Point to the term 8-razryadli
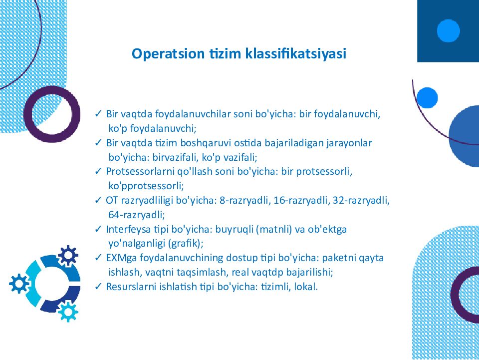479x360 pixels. tap(245, 201)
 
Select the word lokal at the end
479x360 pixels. tap(306, 287)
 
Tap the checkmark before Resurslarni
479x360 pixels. tap(98, 287)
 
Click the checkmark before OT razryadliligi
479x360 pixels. tap(98, 201)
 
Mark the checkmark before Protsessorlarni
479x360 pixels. tap(98, 172)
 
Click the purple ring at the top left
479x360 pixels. tap(51, 114)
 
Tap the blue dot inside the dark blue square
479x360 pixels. tap(448, 30)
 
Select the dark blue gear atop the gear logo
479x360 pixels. tap(67, 256)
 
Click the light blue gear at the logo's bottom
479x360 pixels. tap(67, 312)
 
